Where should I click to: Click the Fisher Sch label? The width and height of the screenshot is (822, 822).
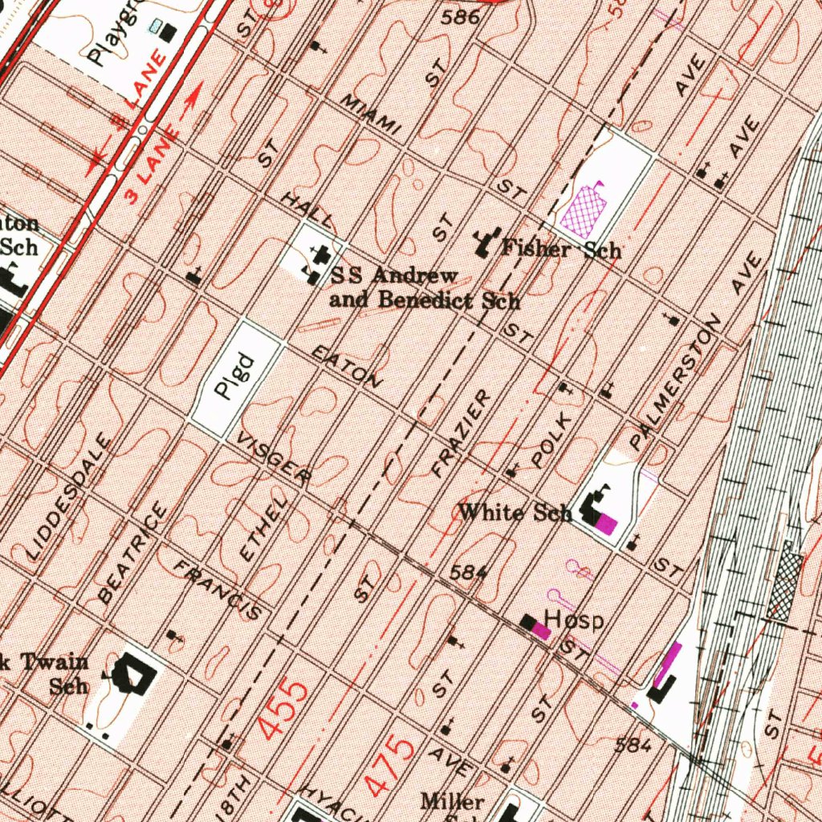pyautogui.click(x=561, y=249)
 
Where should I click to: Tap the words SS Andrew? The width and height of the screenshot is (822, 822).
pyautogui.click(x=394, y=275)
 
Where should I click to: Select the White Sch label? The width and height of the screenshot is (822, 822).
pyautogui.click(x=515, y=512)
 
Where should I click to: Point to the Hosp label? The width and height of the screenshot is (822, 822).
pyautogui.click(x=573, y=619)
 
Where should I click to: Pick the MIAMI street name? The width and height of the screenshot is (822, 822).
pyautogui.click(x=370, y=115)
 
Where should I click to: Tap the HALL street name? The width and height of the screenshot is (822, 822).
pyautogui.click(x=307, y=209)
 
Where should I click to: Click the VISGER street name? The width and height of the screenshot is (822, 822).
pyautogui.click(x=274, y=460)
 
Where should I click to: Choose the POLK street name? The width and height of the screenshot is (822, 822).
pyautogui.click(x=553, y=440)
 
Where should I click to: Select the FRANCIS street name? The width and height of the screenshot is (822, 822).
pyautogui.click(x=218, y=591)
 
